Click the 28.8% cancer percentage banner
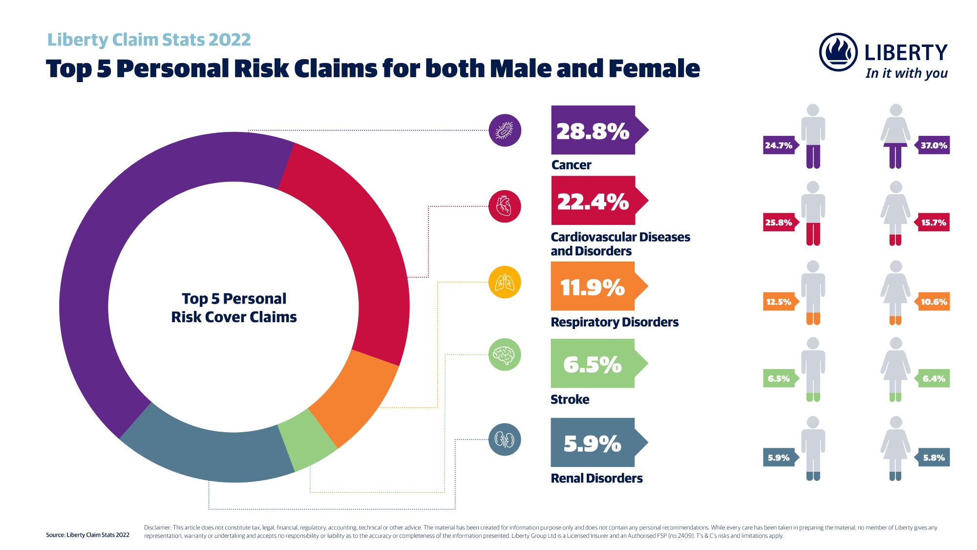pyautogui.click(x=594, y=131)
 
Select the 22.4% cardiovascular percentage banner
pyautogui.click(x=594, y=201)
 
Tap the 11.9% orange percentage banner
pyautogui.click(x=593, y=286)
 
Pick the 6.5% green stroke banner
pyautogui.click(x=593, y=364)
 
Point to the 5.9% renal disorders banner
pyautogui.click(x=593, y=443)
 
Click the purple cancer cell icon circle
pyautogui.click(x=505, y=130)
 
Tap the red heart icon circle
pyautogui.click(x=505, y=206)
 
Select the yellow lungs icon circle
pyautogui.click(x=505, y=282)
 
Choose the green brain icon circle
pyautogui.click(x=505, y=354)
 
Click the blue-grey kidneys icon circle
pyautogui.click(x=505, y=440)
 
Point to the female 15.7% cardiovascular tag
pyautogui.click(x=933, y=222)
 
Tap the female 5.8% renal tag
pyautogui.click(x=933, y=458)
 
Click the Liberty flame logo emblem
pyautogui.click(x=838, y=52)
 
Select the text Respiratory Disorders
pyautogui.click(x=615, y=322)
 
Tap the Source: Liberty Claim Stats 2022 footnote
pyautogui.click(x=88, y=535)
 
